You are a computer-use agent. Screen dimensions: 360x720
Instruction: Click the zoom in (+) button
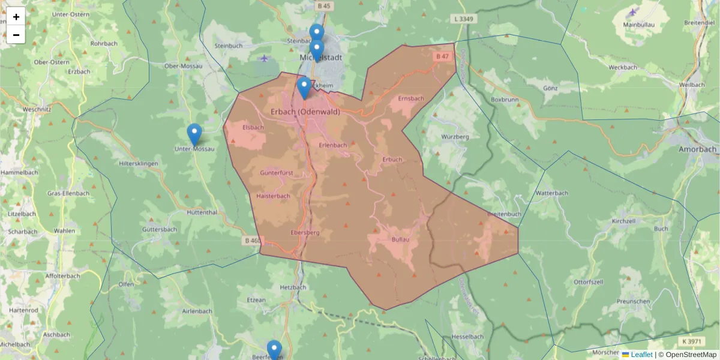pyautogui.click(x=16, y=17)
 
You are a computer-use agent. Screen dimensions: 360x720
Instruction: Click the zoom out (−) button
pyautogui.click(x=16, y=35)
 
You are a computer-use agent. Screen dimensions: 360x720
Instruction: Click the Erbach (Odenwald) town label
pyautogui.click(x=305, y=112)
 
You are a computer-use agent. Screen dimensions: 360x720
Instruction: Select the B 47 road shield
pyautogui.click(x=442, y=56)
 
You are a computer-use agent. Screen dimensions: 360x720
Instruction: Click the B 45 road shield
pyautogui.click(x=323, y=6)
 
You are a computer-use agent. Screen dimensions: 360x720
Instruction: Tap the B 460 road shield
pyautogui.click(x=253, y=241)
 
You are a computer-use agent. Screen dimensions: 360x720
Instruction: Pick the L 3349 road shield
pyautogui.click(x=464, y=19)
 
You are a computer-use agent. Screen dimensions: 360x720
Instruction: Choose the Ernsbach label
pyautogui.click(x=411, y=98)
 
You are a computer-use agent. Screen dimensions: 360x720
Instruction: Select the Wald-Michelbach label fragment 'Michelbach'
pyautogui.click(x=15, y=344)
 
